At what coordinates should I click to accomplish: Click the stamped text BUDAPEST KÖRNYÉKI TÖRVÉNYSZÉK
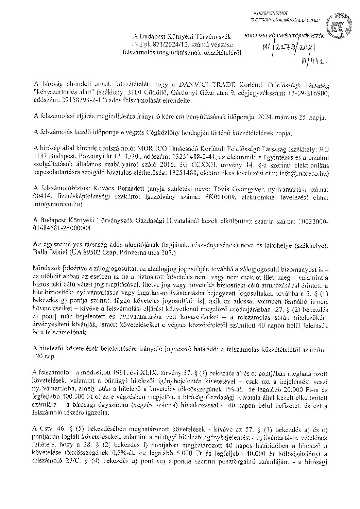coord(285,35)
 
